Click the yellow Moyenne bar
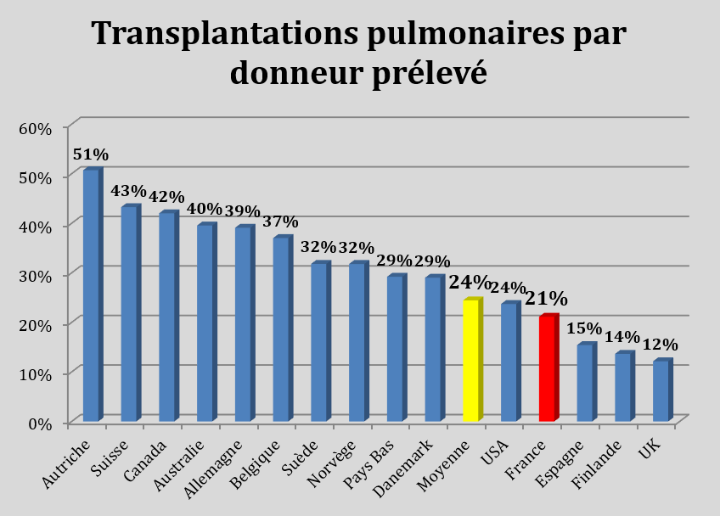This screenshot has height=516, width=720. coord(472,361)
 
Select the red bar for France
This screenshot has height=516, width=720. coord(548,369)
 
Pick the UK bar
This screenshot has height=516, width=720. coord(661,391)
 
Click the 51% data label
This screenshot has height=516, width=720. coord(91,154)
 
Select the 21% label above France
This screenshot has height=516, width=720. coord(545,299)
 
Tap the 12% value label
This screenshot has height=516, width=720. coord(660,345)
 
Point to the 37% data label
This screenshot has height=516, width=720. coord(279,222)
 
